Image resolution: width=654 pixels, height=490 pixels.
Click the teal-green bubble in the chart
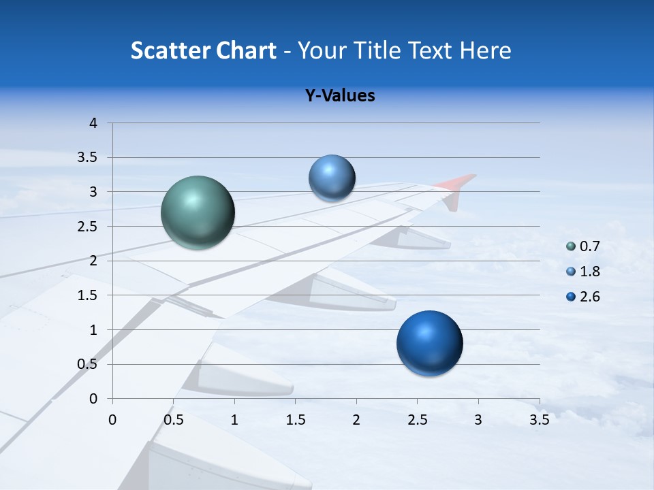click(198, 212)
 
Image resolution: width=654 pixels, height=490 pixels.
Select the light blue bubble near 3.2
click(332, 178)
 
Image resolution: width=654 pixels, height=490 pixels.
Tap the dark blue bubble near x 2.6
click(429, 343)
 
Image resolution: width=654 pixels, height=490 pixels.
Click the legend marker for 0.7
click(571, 247)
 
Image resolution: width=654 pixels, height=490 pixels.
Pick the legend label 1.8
click(590, 272)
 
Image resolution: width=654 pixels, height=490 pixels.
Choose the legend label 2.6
click(590, 296)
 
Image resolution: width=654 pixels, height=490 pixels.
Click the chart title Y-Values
click(340, 96)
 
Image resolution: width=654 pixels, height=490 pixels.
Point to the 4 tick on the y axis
click(93, 123)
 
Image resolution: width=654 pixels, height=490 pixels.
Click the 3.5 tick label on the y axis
click(88, 157)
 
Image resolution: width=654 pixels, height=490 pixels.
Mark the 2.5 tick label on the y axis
click(88, 227)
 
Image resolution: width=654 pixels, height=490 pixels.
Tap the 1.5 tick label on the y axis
click(88, 295)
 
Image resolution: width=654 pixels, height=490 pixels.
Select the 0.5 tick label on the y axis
click(88, 364)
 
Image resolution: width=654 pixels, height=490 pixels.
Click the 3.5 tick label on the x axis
click(539, 420)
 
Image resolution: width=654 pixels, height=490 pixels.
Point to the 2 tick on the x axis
click(356, 420)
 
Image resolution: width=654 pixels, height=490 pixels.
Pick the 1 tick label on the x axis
click(234, 420)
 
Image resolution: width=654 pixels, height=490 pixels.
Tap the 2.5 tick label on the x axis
click(417, 420)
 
